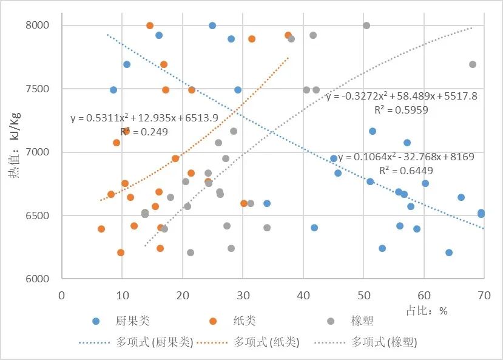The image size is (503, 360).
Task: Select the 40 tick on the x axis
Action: [x=303, y=294]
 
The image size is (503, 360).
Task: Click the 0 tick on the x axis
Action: [x=61, y=294]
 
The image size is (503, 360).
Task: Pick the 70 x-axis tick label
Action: [x=484, y=294]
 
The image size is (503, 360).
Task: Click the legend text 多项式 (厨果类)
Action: [x=154, y=342]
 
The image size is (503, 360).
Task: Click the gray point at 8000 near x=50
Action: [x=366, y=25]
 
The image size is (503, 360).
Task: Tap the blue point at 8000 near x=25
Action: [x=212, y=25]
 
